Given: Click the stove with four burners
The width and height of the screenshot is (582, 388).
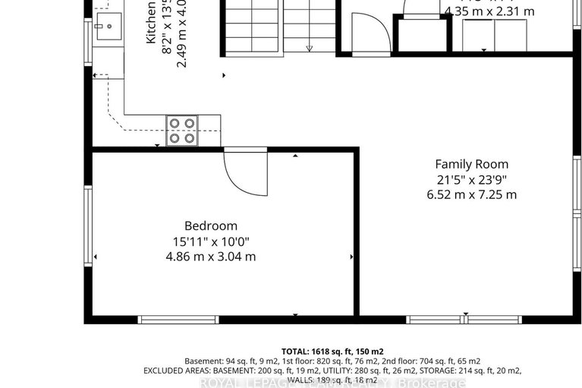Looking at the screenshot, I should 182,130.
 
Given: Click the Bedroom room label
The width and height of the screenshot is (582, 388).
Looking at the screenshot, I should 211,226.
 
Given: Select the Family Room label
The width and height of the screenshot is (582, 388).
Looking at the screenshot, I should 471,164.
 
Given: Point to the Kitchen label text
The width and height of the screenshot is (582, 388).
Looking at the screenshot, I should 151,23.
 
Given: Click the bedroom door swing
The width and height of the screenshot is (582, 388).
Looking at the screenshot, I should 244,173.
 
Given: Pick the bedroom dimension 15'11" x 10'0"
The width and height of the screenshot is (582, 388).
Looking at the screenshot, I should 211,241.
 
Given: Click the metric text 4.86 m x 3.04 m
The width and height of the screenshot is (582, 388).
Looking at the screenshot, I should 211,257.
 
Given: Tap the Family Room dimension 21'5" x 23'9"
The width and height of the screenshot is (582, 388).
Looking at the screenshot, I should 471,179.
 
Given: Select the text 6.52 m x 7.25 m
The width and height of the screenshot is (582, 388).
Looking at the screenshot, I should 471,194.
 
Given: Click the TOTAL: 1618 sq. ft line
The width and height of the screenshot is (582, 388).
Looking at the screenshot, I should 332,351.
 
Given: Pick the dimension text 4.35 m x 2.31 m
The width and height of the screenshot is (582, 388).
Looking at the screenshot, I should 489,11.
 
